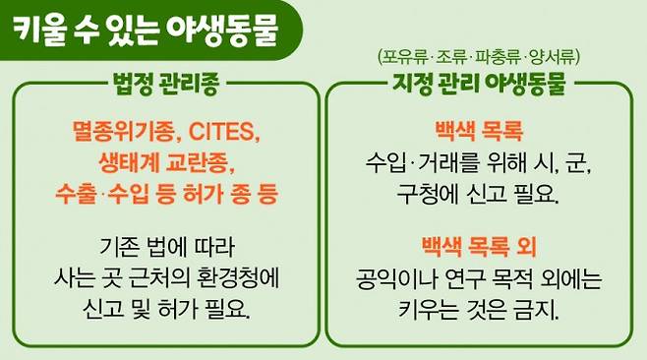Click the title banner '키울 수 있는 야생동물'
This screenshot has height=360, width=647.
pyautogui.click(x=147, y=29)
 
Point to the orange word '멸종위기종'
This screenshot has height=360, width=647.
pyautogui.click(x=114, y=130)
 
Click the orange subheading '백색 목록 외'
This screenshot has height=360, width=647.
pyautogui.click(x=478, y=243)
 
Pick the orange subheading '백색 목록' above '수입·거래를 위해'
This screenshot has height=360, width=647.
pyautogui.click(x=478, y=130)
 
